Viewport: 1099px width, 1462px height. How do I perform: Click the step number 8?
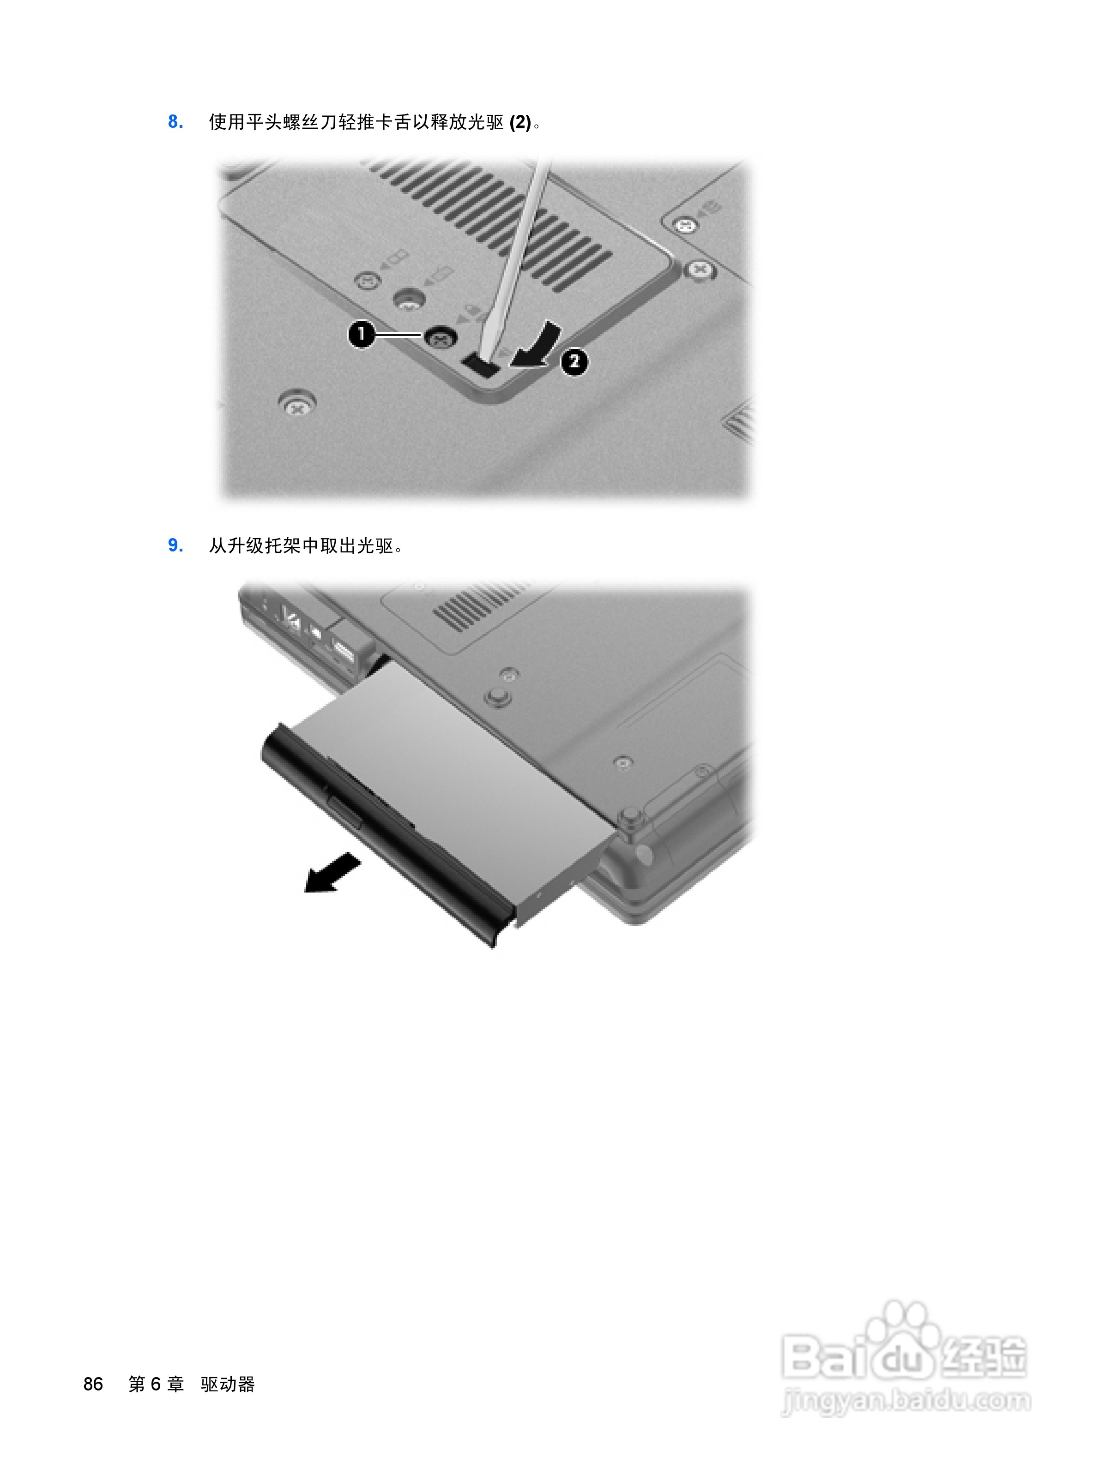[x=175, y=122]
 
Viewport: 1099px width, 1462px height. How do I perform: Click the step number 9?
[x=175, y=545]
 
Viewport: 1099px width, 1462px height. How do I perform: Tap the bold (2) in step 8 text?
[x=520, y=122]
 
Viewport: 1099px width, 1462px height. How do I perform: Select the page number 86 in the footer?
[x=93, y=1384]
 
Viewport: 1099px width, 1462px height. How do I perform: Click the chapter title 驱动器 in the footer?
[x=228, y=1384]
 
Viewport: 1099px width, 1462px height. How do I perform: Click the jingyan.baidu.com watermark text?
[x=906, y=1400]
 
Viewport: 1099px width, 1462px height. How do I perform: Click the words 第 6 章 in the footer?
[x=156, y=1384]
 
